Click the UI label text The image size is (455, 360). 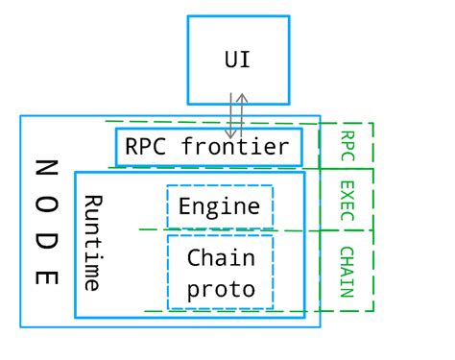click(238, 60)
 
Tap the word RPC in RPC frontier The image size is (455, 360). click(144, 147)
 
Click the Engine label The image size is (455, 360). click(220, 206)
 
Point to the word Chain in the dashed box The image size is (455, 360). click(220, 257)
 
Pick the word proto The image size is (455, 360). click(220, 289)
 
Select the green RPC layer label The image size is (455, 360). click(347, 145)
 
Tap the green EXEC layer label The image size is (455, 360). click(347, 200)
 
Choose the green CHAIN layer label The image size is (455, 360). click(347, 271)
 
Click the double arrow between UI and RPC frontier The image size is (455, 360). click(237, 116)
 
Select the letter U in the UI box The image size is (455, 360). click(231, 60)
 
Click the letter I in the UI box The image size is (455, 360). click(246, 60)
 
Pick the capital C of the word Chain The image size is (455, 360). click(195, 257)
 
